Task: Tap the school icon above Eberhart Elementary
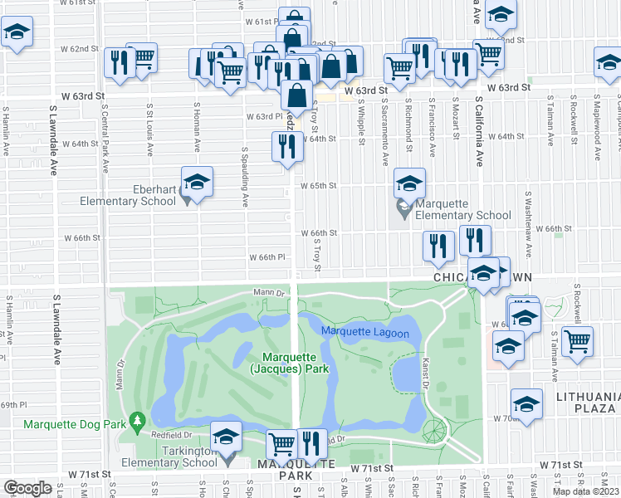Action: click(198, 181)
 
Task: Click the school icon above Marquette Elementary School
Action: click(409, 183)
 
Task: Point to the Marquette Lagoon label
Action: click(365, 333)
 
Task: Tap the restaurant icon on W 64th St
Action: click(286, 146)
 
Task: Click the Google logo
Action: click(27, 488)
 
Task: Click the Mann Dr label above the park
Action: click(269, 292)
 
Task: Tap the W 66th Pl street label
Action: click(268, 257)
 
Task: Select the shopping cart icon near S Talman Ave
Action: click(577, 339)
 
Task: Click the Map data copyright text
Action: click(585, 491)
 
